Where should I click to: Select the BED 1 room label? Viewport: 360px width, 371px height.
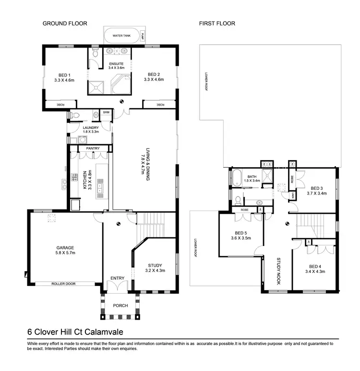point(64,74)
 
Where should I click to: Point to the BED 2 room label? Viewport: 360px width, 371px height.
point(154,74)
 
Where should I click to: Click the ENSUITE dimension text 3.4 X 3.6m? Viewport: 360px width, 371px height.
point(116,68)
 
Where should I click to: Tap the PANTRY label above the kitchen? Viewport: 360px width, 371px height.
point(92,148)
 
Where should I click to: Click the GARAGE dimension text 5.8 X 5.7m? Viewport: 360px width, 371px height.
point(65,253)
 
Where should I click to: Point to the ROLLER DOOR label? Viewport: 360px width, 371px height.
point(65,284)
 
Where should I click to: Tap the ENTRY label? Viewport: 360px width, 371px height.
point(117,278)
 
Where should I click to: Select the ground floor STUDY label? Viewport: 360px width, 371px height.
point(155,265)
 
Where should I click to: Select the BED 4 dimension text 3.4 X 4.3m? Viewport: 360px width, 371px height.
point(314,272)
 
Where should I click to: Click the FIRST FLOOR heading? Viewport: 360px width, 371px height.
point(217,23)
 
